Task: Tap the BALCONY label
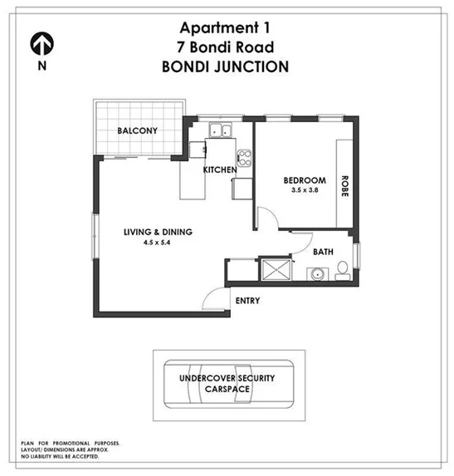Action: pyautogui.click(x=137, y=131)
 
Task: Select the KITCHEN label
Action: pyautogui.click(x=220, y=170)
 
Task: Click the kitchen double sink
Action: pyautogui.click(x=221, y=129)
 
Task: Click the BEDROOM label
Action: pyautogui.click(x=304, y=180)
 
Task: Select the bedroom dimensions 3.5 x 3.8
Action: pyautogui.click(x=304, y=191)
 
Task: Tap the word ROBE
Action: pyautogui.click(x=344, y=184)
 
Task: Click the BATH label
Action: pyautogui.click(x=323, y=250)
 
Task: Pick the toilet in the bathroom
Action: pyautogui.click(x=342, y=271)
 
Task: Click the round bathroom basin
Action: pyautogui.click(x=315, y=272)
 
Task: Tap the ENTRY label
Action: pyautogui.click(x=247, y=300)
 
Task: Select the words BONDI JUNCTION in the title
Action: pyautogui.click(x=227, y=67)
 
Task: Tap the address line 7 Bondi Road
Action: pyautogui.click(x=227, y=47)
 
